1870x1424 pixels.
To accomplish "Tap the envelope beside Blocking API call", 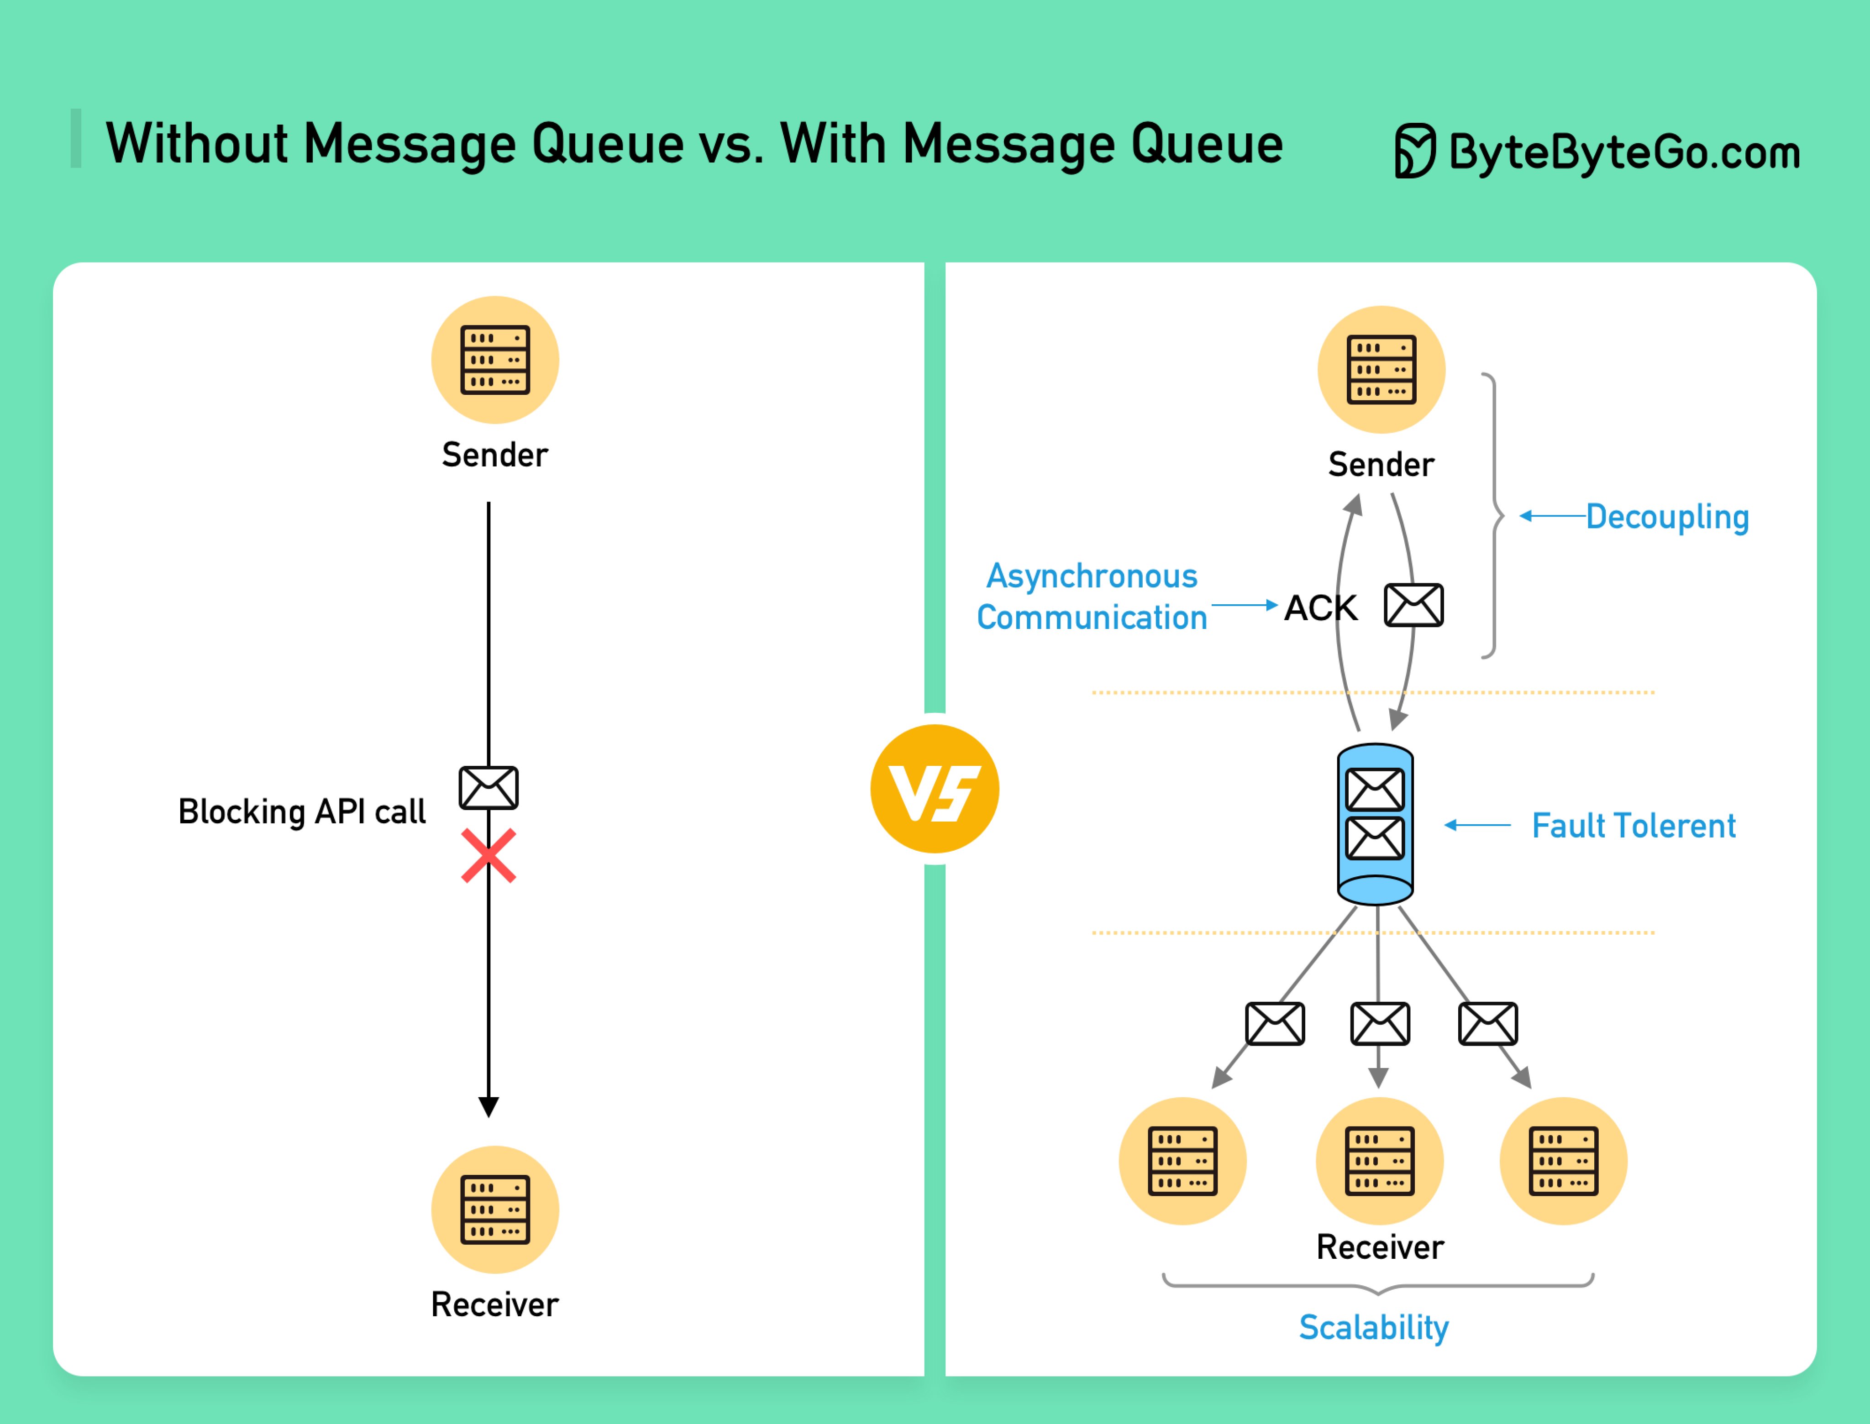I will [x=488, y=787].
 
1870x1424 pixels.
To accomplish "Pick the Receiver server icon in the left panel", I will [x=495, y=1209].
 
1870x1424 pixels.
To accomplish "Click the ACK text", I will [x=1320, y=608].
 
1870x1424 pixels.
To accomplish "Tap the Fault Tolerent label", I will [x=1634, y=826].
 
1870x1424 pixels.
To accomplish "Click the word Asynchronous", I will [x=1092, y=576].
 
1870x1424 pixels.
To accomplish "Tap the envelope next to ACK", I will [x=1413, y=605].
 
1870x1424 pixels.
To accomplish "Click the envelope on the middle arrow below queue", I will [x=1379, y=1023].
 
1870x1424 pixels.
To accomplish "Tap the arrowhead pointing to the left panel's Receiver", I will [x=488, y=1106].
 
